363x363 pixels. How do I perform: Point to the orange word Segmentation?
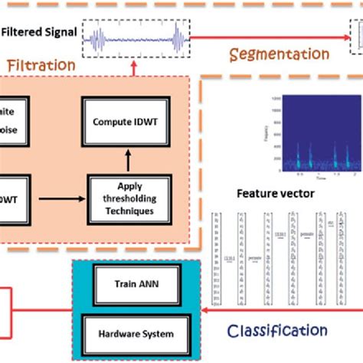tap(279, 55)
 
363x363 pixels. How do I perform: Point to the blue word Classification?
tap(280, 331)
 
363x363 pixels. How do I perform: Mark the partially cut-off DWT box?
tap(14, 200)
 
